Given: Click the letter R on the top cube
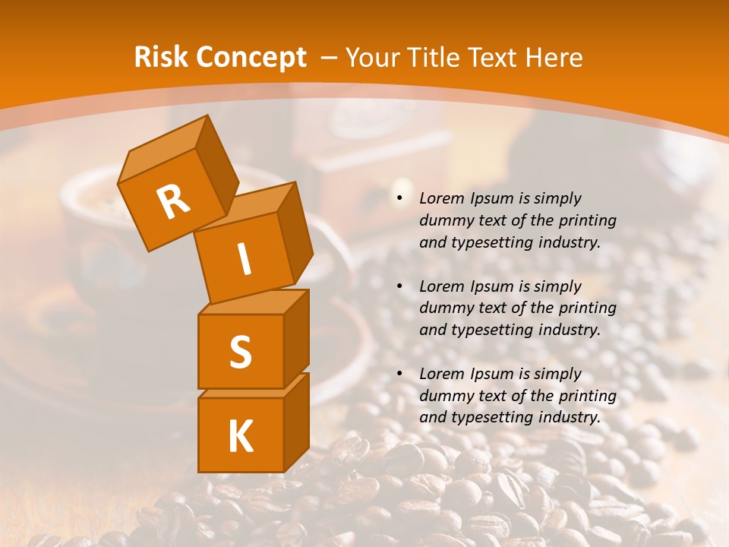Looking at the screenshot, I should (x=173, y=201).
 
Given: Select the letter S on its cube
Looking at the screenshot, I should (x=240, y=352).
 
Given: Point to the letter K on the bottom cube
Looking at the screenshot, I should (x=240, y=436).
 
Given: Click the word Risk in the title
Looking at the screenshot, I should (x=160, y=57).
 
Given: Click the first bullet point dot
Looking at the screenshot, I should (x=399, y=198).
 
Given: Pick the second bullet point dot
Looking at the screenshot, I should (x=399, y=286).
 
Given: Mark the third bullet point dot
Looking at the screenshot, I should (x=399, y=374).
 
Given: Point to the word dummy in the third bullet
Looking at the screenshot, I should (x=445, y=396).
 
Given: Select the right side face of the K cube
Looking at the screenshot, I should (x=296, y=422).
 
